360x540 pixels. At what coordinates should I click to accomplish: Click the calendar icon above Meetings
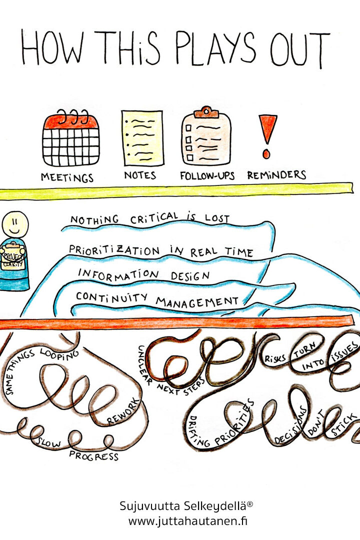pyautogui.click(x=71, y=138)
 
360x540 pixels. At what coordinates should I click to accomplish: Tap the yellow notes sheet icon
pyautogui.click(x=142, y=138)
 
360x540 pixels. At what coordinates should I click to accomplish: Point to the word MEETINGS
pyautogui.click(x=67, y=177)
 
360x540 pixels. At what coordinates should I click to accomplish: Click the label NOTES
pyautogui.click(x=140, y=175)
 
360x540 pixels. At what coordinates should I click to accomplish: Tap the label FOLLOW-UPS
pyautogui.click(x=207, y=176)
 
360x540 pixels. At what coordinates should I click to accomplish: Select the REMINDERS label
pyautogui.click(x=276, y=175)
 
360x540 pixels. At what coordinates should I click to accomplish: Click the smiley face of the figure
pyautogui.click(x=15, y=224)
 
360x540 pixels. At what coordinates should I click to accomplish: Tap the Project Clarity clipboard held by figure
pyautogui.click(x=12, y=256)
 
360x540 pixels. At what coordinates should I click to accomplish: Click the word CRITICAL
pyautogui.click(x=154, y=218)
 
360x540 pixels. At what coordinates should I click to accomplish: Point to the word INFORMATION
pyautogui.click(x=118, y=274)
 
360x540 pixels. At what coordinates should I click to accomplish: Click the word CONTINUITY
pyautogui.click(x=112, y=297)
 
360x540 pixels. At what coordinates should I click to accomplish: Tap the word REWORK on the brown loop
pyautogui.click(x=123, y=412)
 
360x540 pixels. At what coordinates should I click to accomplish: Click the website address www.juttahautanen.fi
pyautogui.click(x=188, y=521)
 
